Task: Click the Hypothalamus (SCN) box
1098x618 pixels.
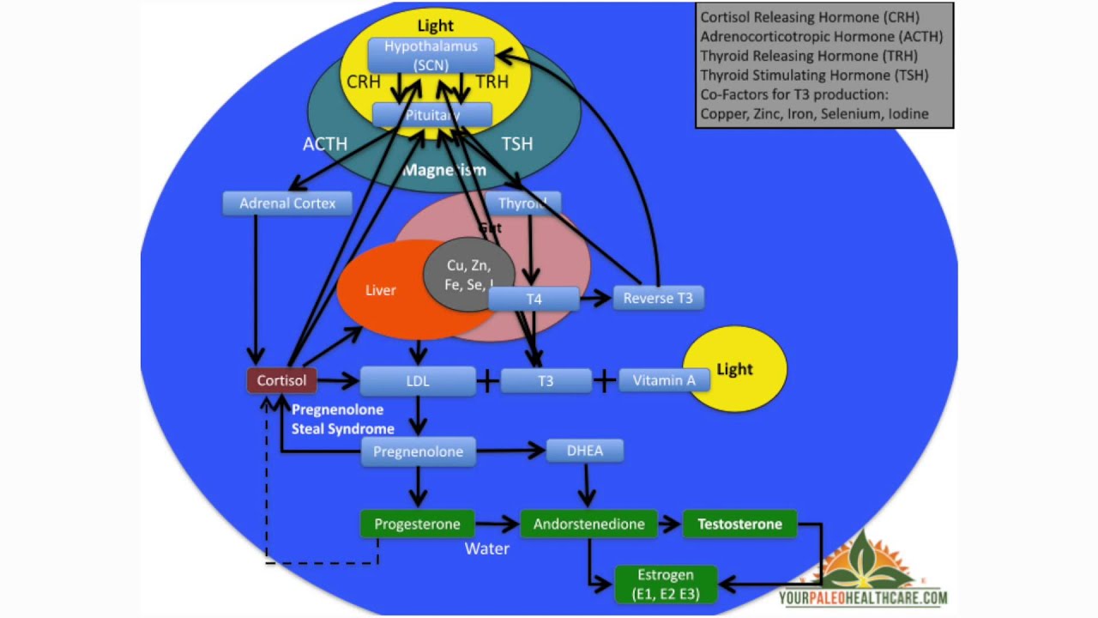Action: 431,55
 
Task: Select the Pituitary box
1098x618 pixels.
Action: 432,115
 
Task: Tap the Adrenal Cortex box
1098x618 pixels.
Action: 287,203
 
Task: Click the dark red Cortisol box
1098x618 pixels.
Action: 281,379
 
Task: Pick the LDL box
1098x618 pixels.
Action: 418,380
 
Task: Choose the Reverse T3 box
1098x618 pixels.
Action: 658,298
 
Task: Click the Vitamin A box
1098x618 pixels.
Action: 663,379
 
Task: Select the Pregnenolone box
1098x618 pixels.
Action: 418,451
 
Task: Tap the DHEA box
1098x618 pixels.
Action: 585,451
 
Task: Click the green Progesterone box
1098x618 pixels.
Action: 417,524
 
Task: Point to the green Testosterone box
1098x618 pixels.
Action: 739,524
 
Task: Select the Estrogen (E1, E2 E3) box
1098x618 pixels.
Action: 666,584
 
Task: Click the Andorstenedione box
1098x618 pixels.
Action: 588,524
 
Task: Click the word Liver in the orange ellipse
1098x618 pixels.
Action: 380,290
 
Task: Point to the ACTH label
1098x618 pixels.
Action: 325,144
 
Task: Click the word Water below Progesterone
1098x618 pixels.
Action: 487,548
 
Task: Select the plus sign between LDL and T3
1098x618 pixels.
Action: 488,380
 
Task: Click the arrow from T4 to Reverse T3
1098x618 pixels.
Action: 595,299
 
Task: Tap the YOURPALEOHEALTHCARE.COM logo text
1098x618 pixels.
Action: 863,598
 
